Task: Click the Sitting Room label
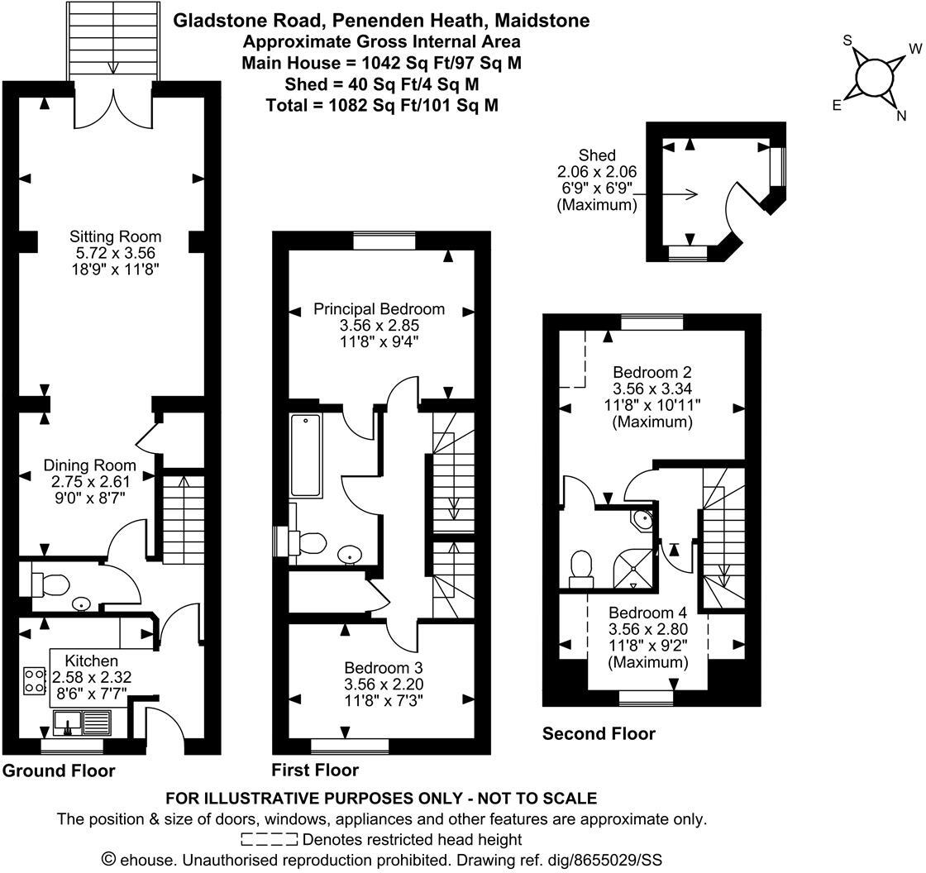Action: [115, 237]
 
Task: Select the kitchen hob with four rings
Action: [36, 680]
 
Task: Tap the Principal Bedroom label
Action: [379, 309]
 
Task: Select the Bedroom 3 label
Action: [389, 668]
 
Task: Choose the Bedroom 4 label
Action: [647, 613]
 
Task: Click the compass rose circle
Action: [874, 78]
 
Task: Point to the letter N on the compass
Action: [901, 117]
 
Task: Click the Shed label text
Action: [597, 155]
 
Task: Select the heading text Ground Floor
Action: [59, 771]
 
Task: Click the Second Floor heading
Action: [599, 734]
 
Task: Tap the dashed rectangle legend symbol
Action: [269, 840]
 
